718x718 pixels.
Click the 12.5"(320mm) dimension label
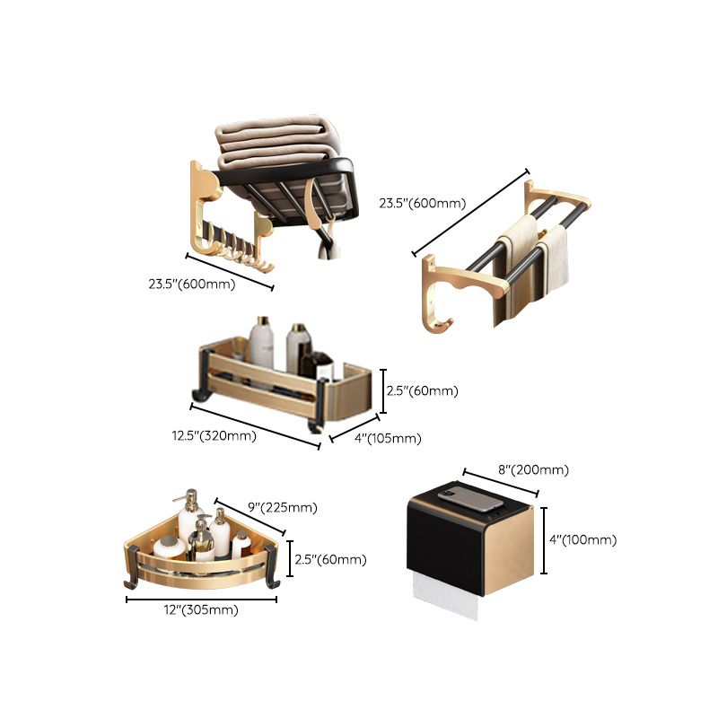[215, 437]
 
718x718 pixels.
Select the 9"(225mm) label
[281, 507]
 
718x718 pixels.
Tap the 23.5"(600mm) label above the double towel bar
[423, 203]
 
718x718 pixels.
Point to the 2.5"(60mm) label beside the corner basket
[329, 560]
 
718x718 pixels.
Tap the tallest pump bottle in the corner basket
[190, 521]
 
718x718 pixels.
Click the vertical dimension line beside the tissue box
[544, 539]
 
